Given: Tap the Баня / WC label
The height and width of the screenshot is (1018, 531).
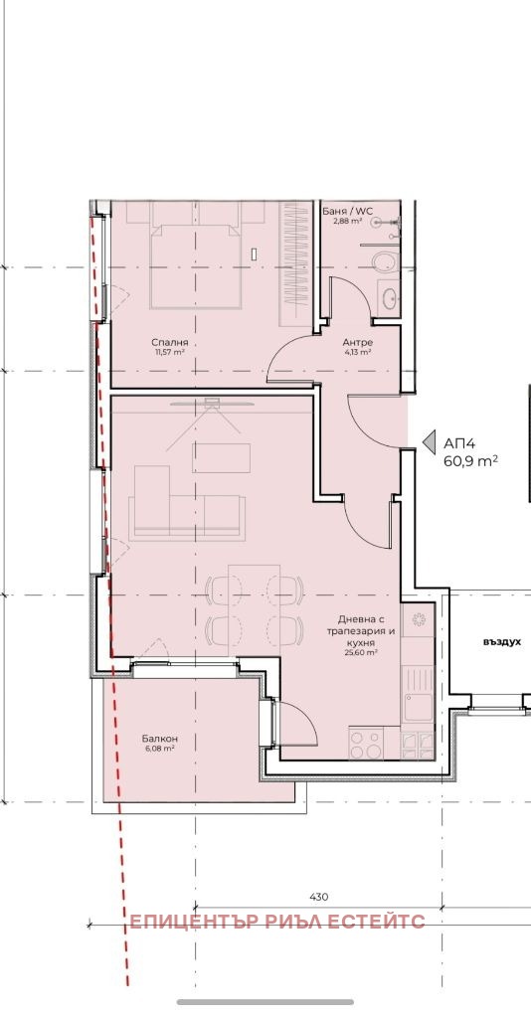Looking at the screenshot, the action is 342,211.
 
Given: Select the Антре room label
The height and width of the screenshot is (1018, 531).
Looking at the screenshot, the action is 357,342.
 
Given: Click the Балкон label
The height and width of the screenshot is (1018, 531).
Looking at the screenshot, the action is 160,739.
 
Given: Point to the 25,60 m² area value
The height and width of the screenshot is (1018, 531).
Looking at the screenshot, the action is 362,653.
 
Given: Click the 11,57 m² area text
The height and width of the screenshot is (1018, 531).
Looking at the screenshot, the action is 170,353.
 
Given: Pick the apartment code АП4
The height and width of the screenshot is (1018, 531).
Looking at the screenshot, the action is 459,444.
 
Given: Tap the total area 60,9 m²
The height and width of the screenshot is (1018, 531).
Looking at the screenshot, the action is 470,461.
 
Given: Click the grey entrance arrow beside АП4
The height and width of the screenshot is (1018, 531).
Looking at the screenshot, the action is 429,442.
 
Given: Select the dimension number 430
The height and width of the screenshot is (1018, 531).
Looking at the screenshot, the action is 318,897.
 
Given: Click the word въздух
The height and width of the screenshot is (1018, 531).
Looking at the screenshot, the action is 502,641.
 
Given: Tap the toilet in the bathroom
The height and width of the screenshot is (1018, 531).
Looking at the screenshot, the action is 384,262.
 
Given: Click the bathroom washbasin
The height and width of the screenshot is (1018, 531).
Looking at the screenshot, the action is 389,298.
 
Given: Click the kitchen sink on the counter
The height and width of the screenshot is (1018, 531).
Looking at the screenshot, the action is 418,708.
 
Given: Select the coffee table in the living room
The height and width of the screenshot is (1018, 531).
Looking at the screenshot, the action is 221,457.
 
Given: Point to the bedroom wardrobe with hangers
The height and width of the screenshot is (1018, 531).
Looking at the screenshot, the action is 294,263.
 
